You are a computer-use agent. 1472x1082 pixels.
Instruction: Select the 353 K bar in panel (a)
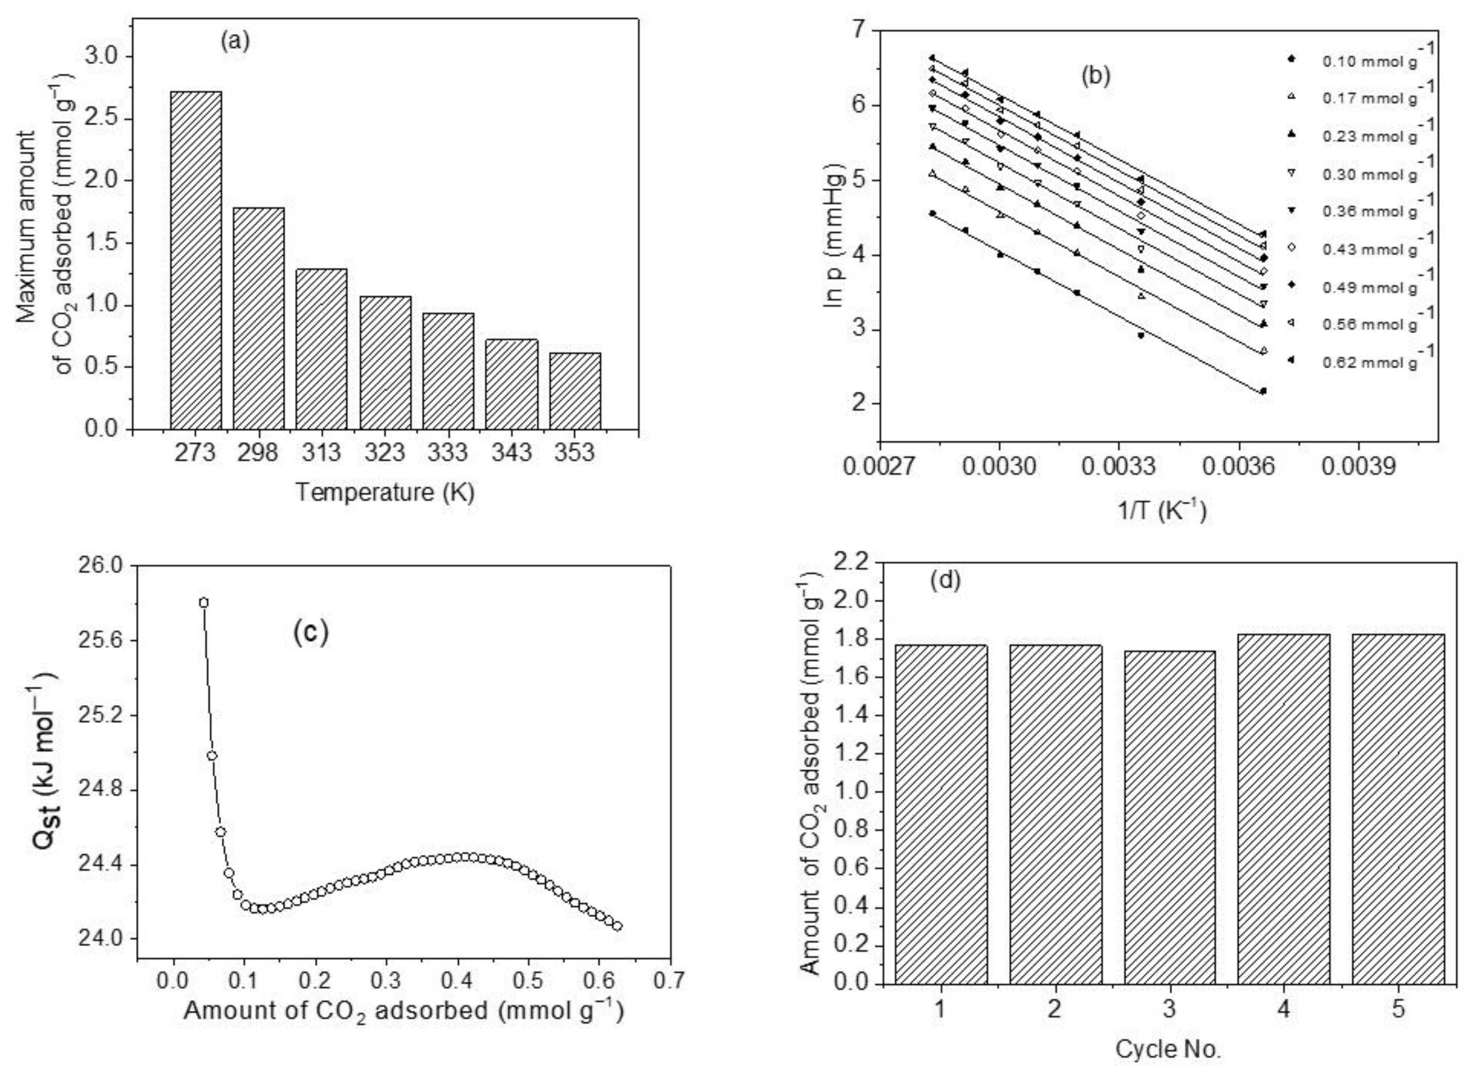[x=575, y=391]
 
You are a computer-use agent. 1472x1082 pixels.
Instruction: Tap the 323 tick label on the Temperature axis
[x=384, y=453]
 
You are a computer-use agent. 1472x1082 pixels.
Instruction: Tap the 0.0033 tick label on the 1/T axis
[x=1118, y=466]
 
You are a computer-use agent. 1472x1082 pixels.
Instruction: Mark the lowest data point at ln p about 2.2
[x=1263, y=391]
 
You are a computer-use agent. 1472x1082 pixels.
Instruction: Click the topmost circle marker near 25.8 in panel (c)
[x=204, y=603]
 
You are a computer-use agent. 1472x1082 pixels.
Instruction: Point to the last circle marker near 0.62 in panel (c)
[x=616, y=926]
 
